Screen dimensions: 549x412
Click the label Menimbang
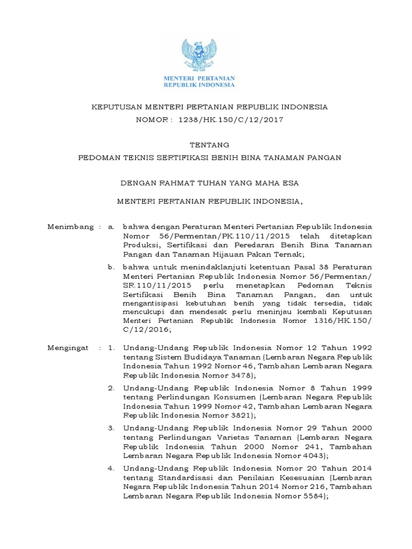point(70,227)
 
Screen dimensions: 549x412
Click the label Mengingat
point(69,348)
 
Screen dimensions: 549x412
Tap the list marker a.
point(111,227)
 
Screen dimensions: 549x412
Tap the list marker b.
point(111,267)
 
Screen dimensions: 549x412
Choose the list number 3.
point(111,428)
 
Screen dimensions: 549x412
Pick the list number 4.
point(111,469)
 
